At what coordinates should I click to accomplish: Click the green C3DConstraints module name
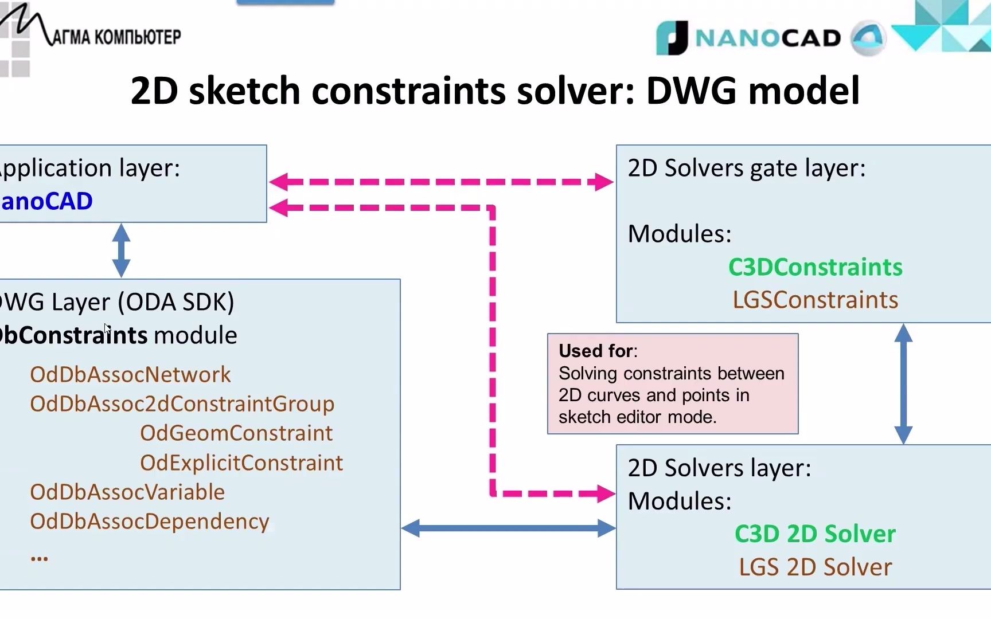815,267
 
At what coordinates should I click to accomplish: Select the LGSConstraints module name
815,300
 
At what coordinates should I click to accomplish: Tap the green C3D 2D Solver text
814,534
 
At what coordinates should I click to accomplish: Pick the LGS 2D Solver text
815,567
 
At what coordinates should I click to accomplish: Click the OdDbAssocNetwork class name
130,374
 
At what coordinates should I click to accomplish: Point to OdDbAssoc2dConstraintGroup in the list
182,403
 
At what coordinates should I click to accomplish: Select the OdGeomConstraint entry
236,433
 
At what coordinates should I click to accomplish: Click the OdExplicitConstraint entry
241,463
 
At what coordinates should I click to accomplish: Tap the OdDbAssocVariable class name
127,492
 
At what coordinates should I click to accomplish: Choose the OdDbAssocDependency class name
149,521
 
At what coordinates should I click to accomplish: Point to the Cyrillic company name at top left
115,37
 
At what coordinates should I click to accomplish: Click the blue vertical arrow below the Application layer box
121,250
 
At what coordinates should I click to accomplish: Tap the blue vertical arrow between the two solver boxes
903,383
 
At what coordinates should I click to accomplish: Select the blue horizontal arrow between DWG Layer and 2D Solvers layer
508,528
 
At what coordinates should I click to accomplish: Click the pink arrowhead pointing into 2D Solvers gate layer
604,182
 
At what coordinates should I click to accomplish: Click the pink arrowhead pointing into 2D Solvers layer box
605,493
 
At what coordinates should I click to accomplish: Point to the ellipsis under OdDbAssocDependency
39,557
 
